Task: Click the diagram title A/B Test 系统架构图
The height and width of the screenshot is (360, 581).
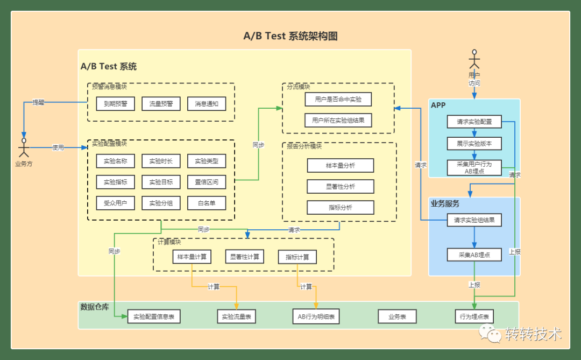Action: point(290,36)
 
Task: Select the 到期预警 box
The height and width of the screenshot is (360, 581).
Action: point(116,104)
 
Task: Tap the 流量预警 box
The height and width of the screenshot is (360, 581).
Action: point(161,104)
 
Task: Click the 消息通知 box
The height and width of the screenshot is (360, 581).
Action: point(207,104)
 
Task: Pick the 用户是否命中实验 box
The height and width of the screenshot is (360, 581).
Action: point(338,100)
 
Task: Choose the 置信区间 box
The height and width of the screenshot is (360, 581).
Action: point(207,182)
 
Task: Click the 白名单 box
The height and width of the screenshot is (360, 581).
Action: point(207,203)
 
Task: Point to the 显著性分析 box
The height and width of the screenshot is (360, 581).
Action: point(341,187)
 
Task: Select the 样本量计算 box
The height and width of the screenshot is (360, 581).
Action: point(192,257)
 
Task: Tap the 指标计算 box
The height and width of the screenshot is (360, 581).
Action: point(297,257)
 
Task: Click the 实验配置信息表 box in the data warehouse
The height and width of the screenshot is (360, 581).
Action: point(154,317)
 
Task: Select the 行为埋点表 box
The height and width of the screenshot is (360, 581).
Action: point(474,317)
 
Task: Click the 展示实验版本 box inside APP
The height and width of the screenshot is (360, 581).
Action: point(474,144)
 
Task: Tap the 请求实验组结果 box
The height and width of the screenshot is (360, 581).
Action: point(474,220)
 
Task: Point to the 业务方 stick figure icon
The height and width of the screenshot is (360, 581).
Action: point(24,147)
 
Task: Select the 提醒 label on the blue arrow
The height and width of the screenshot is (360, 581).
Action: point(38,102)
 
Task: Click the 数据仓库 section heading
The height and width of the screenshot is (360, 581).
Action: point(95,307)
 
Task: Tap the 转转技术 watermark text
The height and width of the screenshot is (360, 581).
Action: point(533,334)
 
